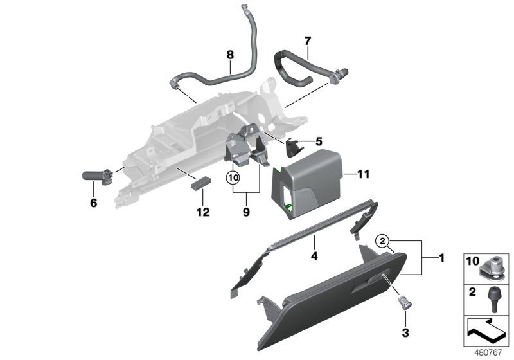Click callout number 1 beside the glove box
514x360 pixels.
point(441,258)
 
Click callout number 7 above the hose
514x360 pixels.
point(307,40)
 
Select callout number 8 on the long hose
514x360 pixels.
point(229,55)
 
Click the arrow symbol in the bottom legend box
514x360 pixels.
point(486,332)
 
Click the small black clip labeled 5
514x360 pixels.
point(294,147)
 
